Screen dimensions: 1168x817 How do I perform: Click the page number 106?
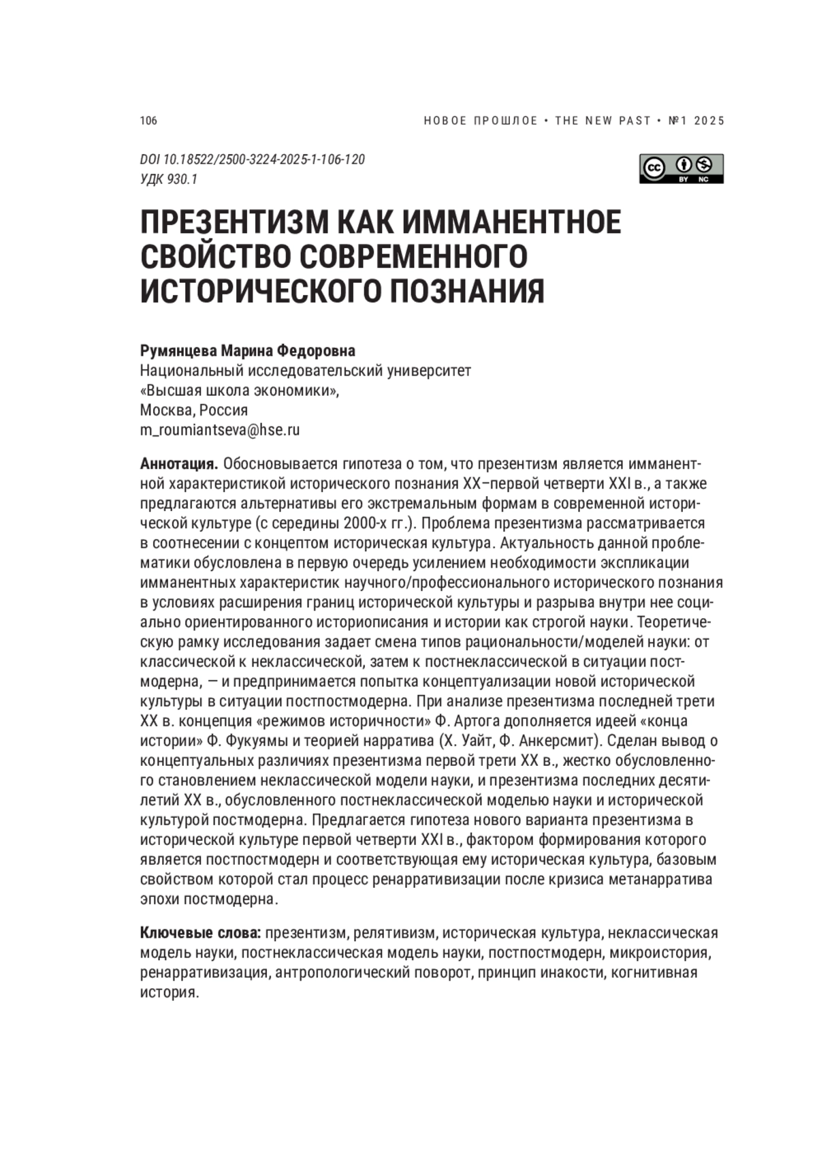148,121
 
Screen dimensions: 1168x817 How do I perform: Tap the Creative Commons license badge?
681,168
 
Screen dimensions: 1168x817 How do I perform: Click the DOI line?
253,159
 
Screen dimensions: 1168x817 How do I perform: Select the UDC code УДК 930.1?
169,179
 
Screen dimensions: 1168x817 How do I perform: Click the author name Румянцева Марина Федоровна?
247,351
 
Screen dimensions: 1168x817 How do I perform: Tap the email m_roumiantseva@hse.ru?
220,430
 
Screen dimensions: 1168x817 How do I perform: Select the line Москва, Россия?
194,410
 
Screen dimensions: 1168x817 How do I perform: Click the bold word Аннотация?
178,464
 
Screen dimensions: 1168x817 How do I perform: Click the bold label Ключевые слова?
201,932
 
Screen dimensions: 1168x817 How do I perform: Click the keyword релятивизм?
393,932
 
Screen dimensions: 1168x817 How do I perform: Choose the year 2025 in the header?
710,121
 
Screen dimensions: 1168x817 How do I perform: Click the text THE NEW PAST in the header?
603,121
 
